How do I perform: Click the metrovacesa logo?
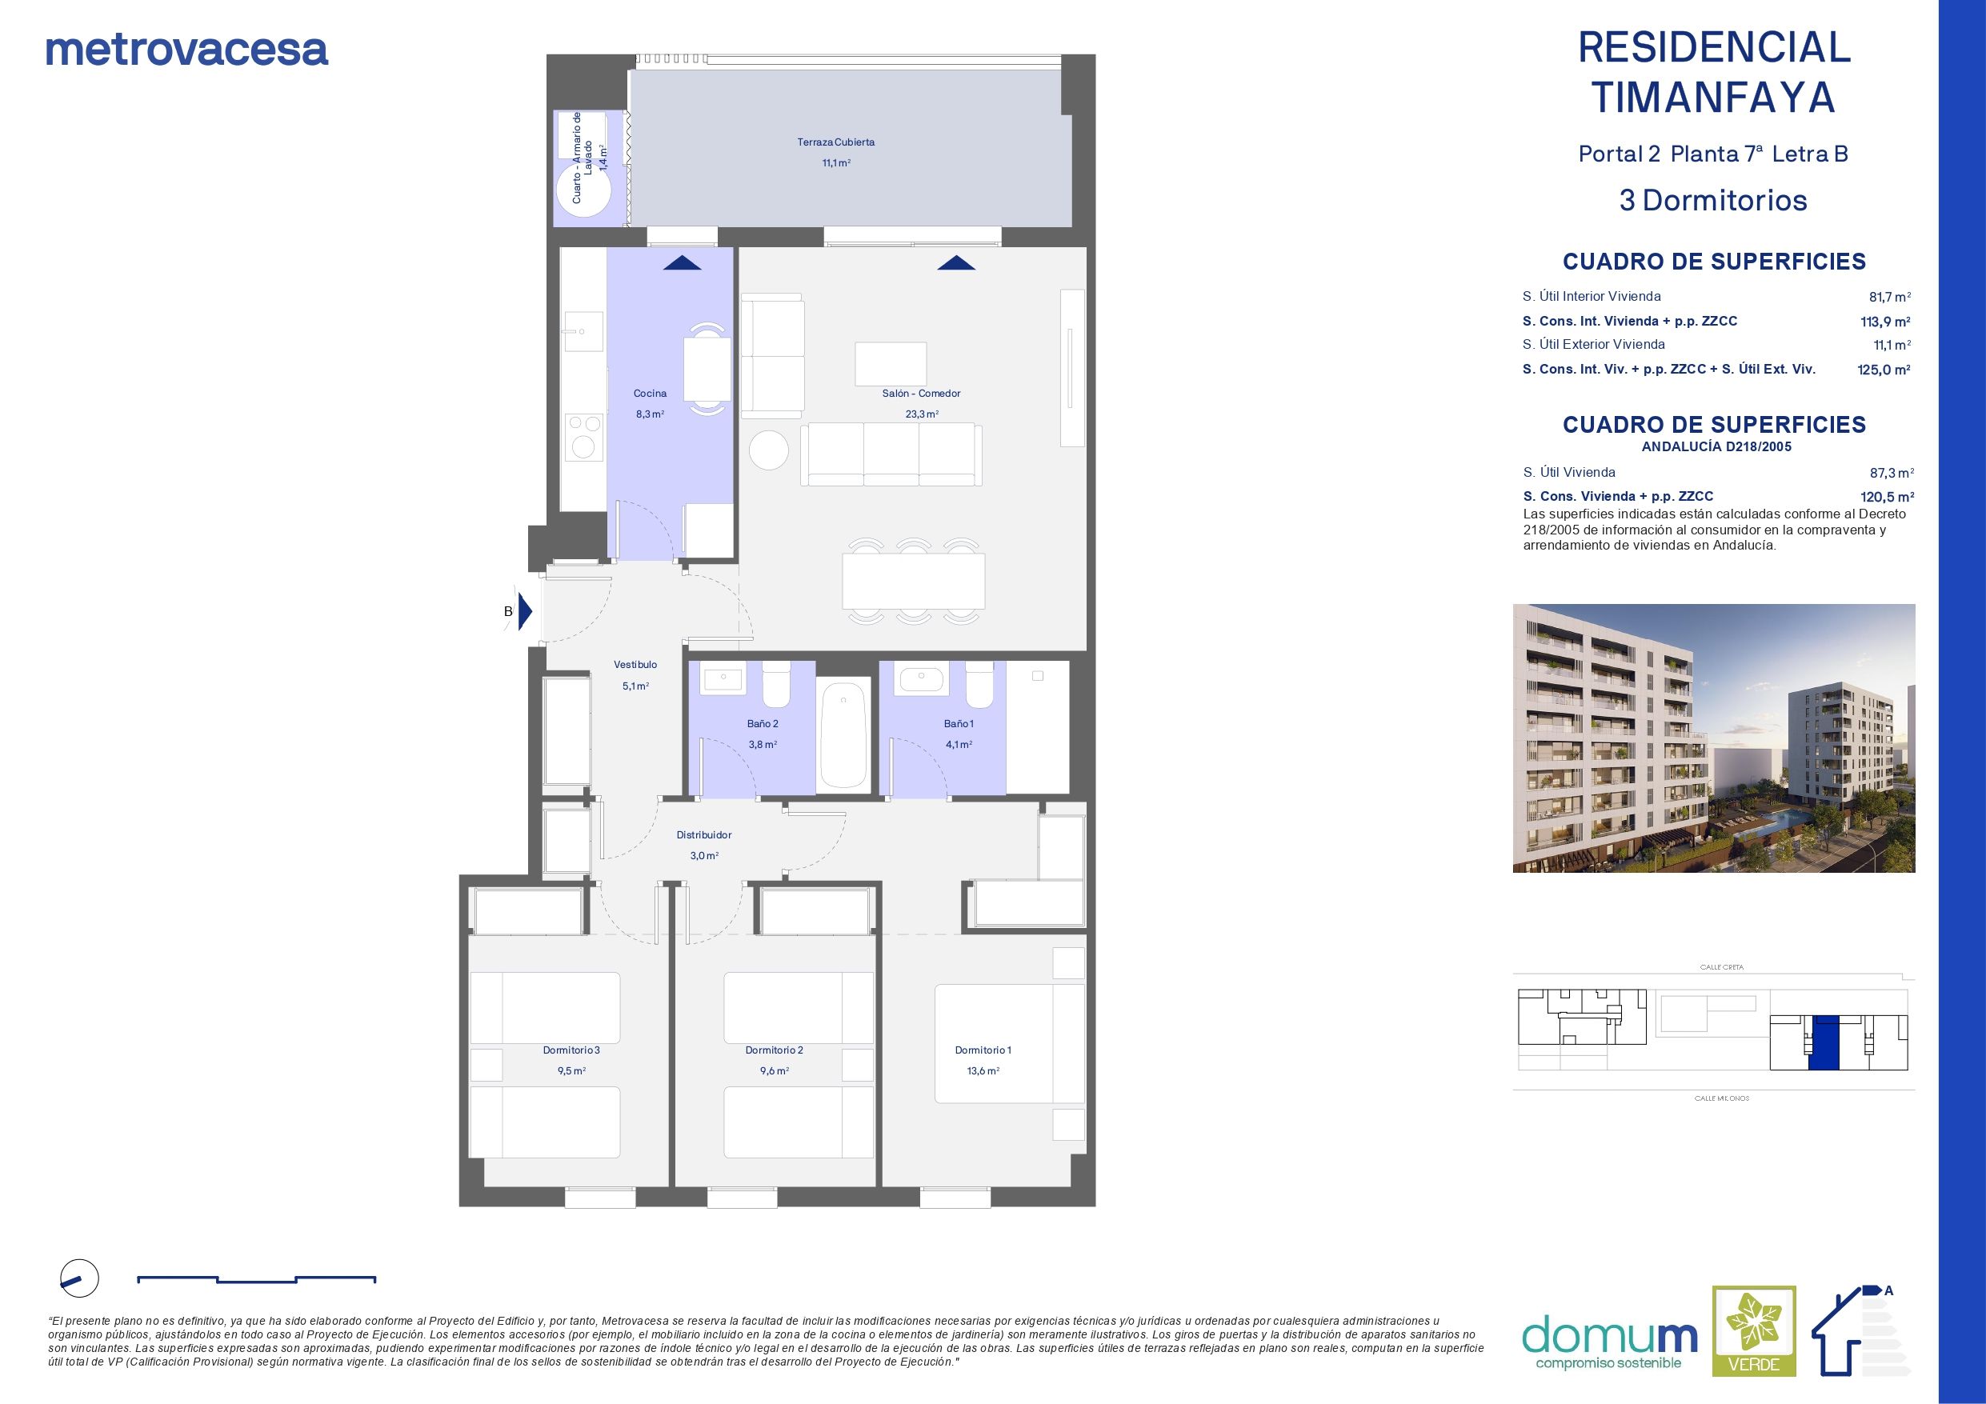coord(186,50)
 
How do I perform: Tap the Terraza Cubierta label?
coord(835,142)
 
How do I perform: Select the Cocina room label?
coord(650,394)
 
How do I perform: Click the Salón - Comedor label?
coord(921,394)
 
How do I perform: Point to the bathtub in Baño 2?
coord(843,734)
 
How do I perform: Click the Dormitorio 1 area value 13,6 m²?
coord(983,1071)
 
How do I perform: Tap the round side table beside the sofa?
coord(768,450)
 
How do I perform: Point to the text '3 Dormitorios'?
coord(1712,201)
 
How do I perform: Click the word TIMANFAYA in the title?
coord(1713,97)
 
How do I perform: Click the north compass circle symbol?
coord(79,1278)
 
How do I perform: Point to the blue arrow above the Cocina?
coord(683,263)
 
